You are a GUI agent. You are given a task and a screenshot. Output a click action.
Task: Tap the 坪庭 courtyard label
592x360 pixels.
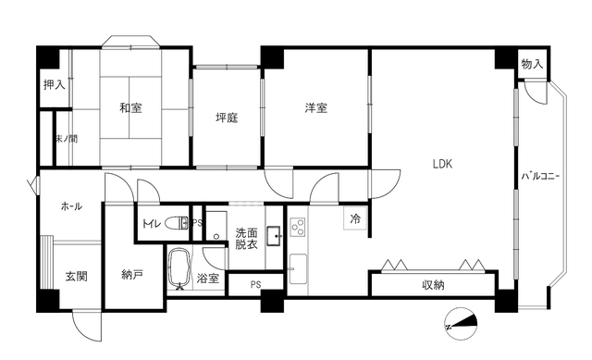[x=228, y=118]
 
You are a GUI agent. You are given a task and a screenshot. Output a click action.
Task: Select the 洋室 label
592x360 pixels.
[x=316, y=108]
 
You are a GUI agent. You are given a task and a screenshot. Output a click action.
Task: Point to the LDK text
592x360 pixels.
[x=442, y=165]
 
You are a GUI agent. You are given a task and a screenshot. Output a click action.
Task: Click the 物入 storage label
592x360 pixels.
[x=531, y=64]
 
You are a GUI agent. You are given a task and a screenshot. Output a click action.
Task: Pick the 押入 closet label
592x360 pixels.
[x=54, y=85]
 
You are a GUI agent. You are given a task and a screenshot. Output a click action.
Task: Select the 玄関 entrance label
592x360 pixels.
[x=76, y=276]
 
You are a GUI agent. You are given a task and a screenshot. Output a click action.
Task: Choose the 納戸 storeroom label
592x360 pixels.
[x=132, y=274]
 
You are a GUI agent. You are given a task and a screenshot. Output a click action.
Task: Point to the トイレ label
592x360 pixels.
[x=152, y=223]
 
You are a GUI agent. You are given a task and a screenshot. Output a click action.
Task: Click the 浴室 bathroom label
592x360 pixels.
[x=207, y=278]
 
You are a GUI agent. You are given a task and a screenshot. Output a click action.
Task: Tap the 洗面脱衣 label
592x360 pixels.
[x=246, y=240]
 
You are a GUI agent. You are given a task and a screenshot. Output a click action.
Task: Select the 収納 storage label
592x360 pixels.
[x=434, y=284]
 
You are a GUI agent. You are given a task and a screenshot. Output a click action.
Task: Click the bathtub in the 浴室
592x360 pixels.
[x=180, y=268]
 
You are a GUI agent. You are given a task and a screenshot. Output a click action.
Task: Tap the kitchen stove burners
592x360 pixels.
[x=298, y=226]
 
